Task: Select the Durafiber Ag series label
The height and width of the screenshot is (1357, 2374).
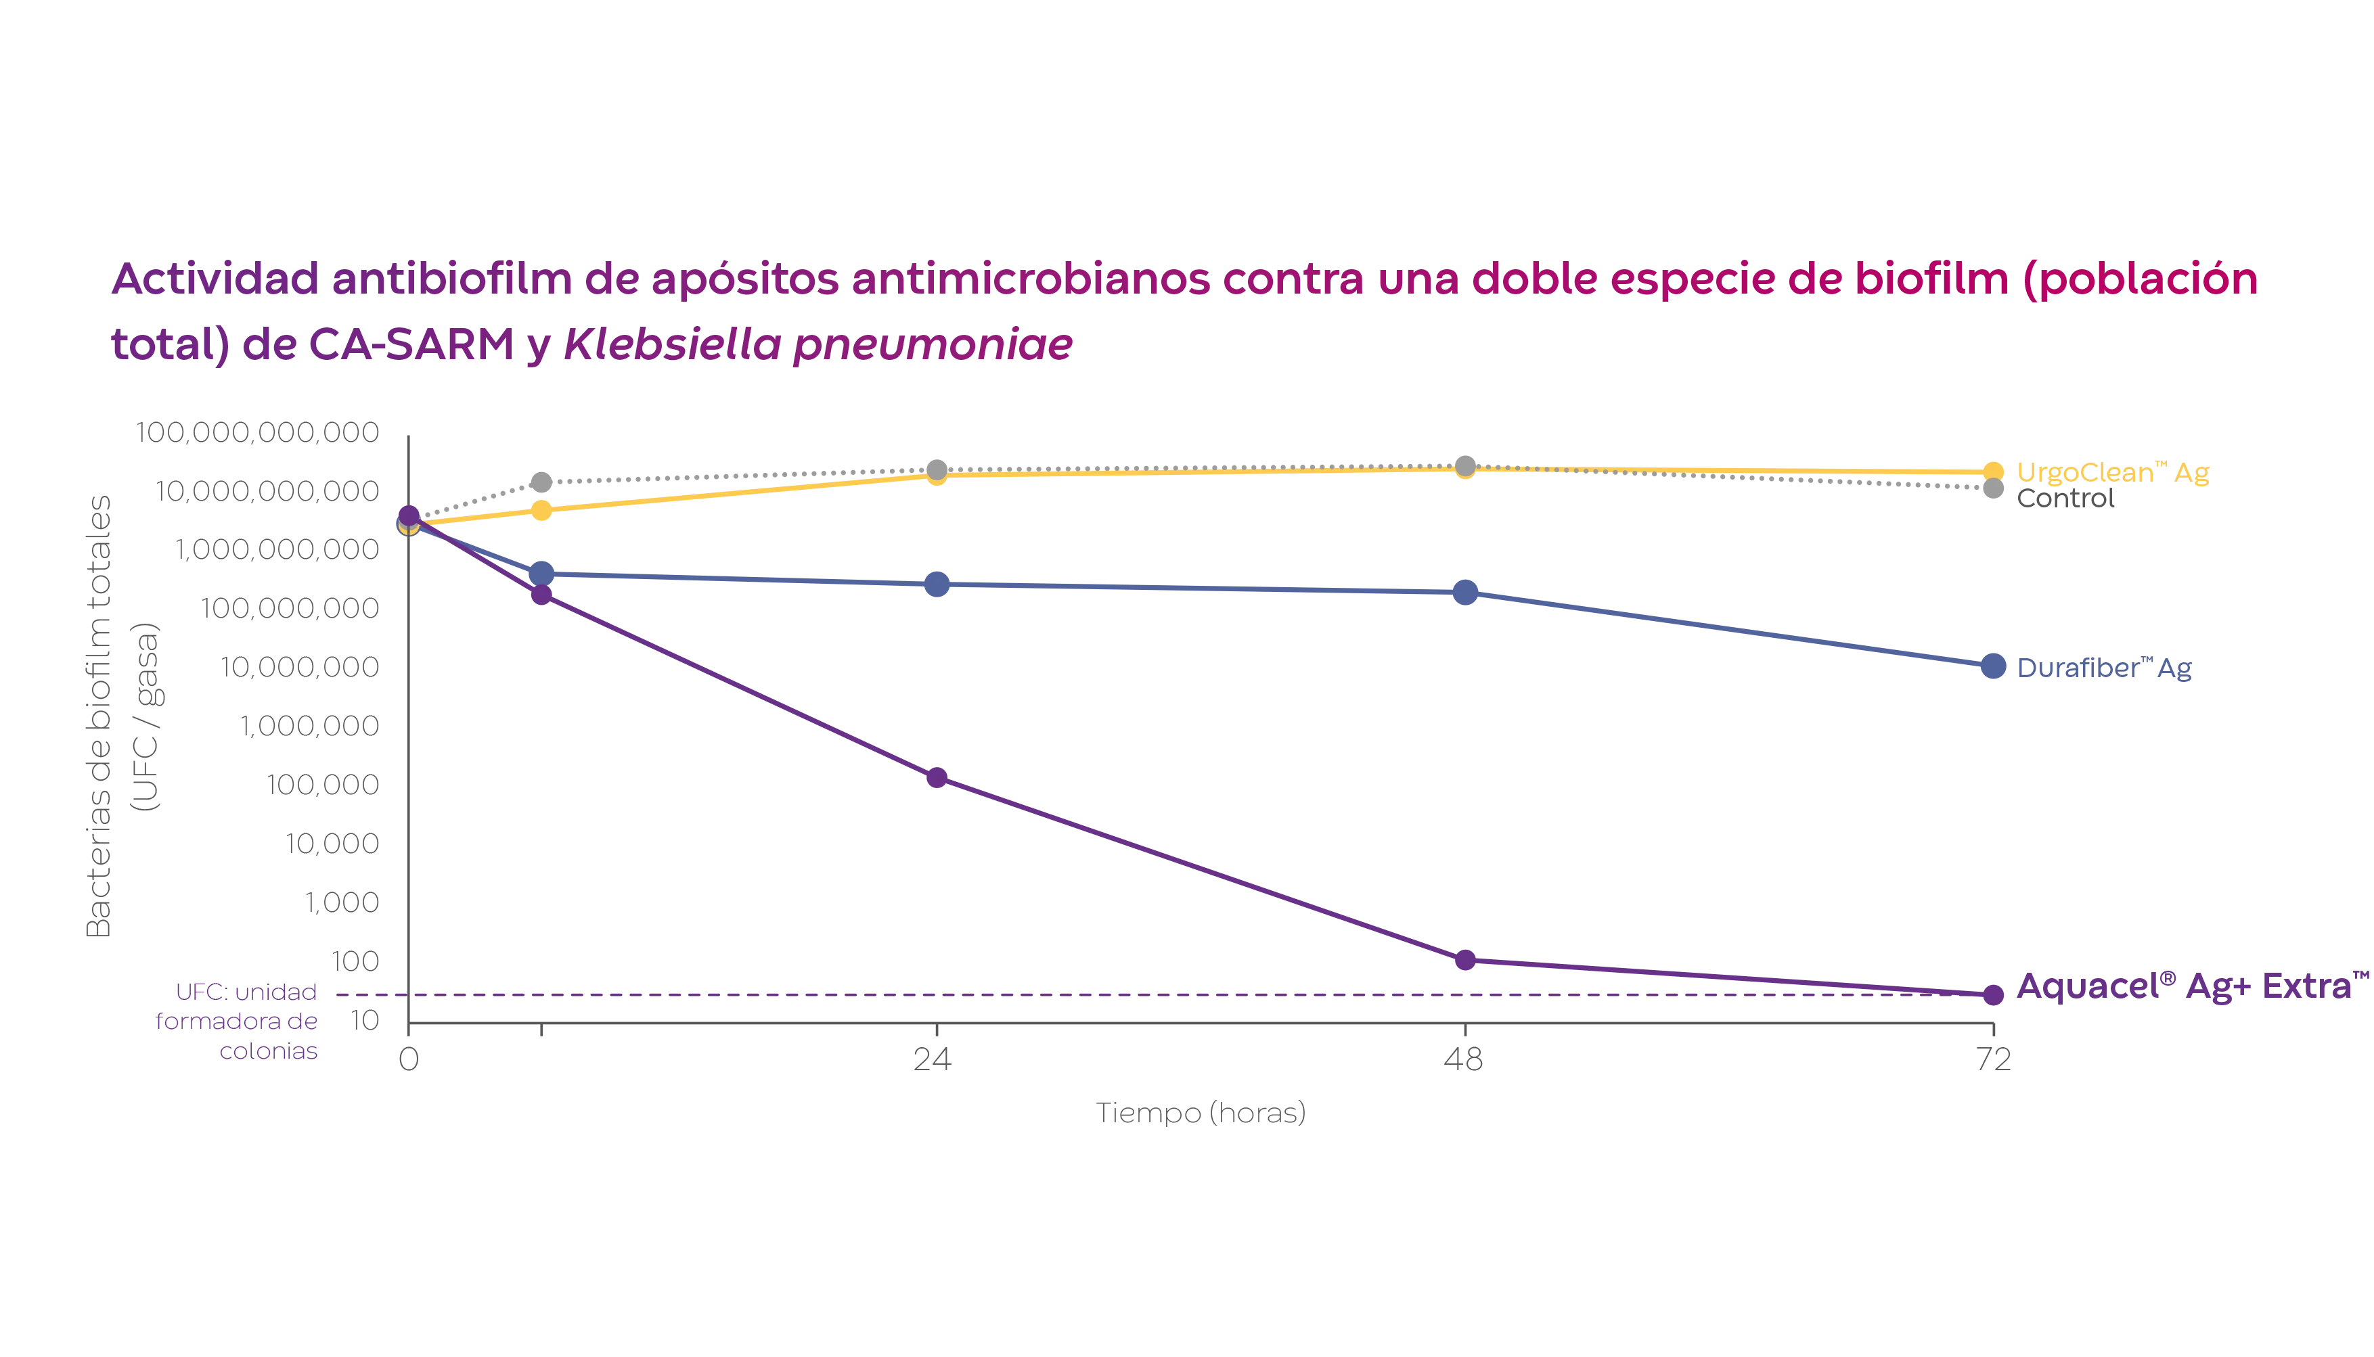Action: point(2104,669)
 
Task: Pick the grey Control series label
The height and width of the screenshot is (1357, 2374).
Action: point(2065,499)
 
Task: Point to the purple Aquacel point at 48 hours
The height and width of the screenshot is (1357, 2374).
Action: point(1464,960)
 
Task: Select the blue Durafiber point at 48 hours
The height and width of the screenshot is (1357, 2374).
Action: point(1464,592)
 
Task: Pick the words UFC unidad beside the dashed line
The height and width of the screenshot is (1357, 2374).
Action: point(246,991)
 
